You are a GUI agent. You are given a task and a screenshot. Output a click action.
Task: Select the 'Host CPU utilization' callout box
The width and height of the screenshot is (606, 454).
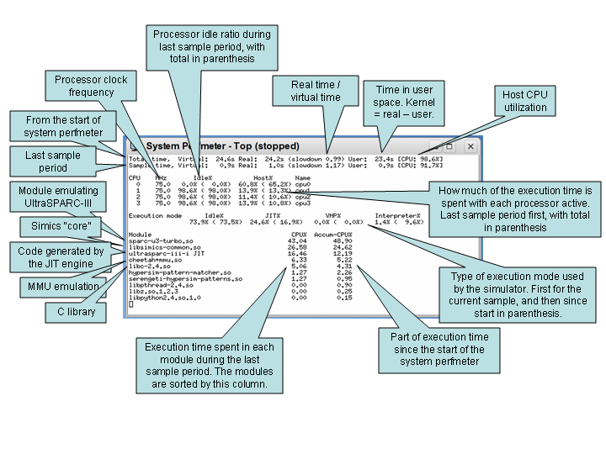tap(524, 101)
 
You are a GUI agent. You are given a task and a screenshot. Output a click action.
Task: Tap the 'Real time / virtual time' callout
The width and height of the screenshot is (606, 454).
tap(316, 91)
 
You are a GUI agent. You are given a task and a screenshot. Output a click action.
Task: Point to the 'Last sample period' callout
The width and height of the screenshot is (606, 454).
tap(53, 161)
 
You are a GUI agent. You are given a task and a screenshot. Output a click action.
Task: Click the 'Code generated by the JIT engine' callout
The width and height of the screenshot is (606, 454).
tap(60, 257)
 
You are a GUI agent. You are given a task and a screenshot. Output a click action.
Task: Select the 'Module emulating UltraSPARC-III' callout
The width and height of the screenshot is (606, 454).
tap(58, 197)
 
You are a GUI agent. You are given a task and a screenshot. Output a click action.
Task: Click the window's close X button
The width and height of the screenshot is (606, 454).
tap(470, 146)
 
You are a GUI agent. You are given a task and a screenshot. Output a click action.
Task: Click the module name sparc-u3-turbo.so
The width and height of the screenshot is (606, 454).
tap(160, 241)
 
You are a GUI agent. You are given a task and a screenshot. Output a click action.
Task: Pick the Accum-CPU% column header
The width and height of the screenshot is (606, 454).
tap(334, 235)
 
